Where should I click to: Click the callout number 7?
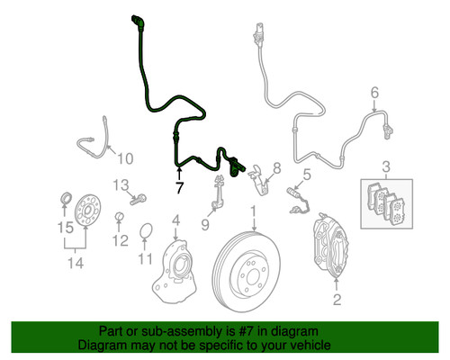(x=179, y=188)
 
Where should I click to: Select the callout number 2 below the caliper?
(x=337, y=300)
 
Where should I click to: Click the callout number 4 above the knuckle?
(x=176, y=220)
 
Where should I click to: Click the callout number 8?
(x=276, y=167)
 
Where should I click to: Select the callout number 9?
(x=205, y=225)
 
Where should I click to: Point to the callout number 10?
(x=124, y=159)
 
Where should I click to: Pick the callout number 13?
(x=121, y=185)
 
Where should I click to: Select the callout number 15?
(x=63, y=227)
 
